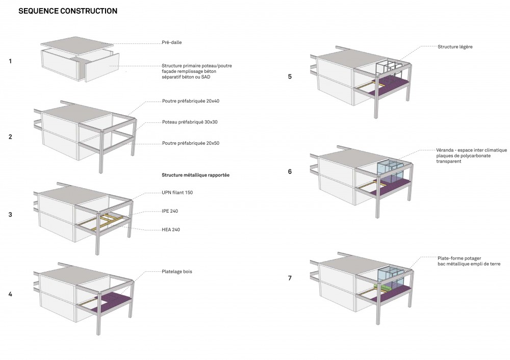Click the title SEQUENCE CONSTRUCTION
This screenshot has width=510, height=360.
(x=68, y=11)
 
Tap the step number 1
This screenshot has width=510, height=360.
(x=10, y=61)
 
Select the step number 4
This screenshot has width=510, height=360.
(x=10, y=294)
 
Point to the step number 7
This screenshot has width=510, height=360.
(x=290, y=278)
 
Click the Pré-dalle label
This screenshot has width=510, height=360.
(x=172, y=42)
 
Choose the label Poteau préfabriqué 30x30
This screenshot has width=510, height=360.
(x=190, y=122)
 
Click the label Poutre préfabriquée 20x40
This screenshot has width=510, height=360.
(x=191, y=101)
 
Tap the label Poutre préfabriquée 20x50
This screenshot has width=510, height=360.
(x=191, y=143)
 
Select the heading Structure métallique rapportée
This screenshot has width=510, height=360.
(x=195, y=175)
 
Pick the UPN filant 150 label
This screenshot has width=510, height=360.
(x=177, y=193)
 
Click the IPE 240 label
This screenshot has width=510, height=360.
(x=170, y=211)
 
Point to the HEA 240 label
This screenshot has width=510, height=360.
(x=171, y=229)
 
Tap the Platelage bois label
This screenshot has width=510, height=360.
(x=177, y=272)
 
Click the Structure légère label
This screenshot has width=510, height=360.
(x=455, y=47)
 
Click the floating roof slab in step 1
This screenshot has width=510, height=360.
(x=77, y=45)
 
